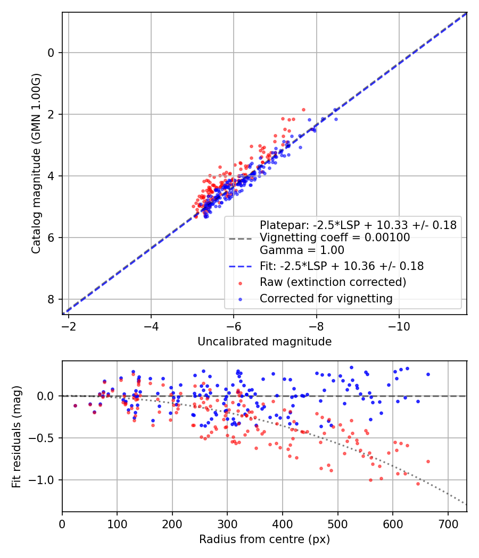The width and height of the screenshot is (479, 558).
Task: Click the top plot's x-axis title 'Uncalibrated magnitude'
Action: (265, 342)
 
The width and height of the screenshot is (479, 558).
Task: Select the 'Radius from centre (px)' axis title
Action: (265, 539)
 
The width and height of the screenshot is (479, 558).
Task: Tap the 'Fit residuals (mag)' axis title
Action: (16, 436)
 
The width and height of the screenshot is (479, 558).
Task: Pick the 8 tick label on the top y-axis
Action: (51, 299)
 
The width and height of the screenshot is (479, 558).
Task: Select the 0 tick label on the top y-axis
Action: (51, 53)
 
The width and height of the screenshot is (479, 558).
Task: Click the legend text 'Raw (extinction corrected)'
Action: (333, 282)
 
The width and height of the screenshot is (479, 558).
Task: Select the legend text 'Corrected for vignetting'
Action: (326, 299)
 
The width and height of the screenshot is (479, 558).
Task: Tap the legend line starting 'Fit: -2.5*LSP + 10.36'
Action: (342, 266)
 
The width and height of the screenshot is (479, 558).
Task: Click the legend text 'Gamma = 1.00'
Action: (302, 250)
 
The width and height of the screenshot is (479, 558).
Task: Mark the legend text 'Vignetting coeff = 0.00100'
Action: (335, 238)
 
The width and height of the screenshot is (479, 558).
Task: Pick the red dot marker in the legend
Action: (241, 282)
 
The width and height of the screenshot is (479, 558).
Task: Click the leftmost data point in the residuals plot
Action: (75, 405)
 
